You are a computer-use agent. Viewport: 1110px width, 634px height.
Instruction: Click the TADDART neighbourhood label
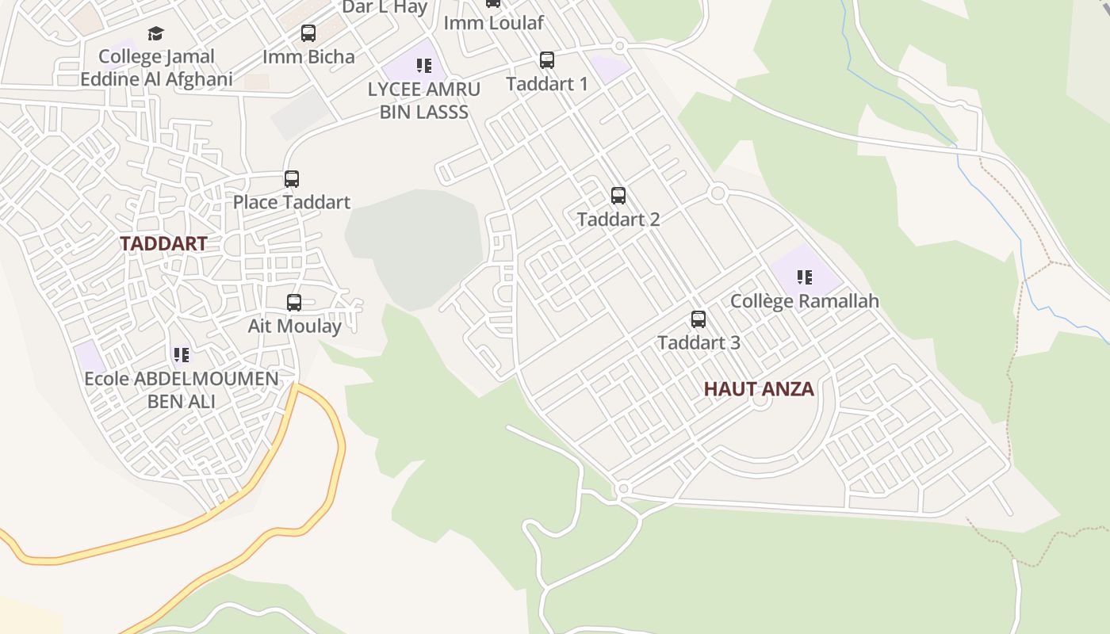point(163,243)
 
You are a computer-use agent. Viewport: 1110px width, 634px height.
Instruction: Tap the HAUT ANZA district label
point(759,389)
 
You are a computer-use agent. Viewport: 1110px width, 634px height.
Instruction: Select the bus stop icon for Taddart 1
point(546,60)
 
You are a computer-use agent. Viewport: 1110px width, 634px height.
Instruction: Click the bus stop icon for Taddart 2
point(618,196)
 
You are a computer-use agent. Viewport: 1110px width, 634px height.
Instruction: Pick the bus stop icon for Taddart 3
point(698,319)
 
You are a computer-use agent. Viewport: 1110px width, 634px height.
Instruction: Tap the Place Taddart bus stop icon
point(292,179)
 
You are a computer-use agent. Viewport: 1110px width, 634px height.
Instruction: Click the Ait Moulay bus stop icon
point(294,303)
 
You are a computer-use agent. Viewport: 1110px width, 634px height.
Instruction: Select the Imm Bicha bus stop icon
point(308,33)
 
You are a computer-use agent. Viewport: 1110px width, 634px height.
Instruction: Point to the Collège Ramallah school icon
point(805,277)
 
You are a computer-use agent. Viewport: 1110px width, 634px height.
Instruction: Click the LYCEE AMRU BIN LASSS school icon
point(424,66)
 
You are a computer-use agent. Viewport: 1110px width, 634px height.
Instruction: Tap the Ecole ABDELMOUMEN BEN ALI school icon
point(182,354)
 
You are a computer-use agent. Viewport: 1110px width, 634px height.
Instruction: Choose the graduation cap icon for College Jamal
point(156,33)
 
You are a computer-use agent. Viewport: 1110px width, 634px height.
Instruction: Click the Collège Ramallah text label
point(804,301)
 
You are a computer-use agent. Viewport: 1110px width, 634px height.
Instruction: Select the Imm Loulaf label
point(493,23)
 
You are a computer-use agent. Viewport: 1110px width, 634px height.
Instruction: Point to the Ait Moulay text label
point(294,326)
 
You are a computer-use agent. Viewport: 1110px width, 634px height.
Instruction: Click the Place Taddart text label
point(291,202)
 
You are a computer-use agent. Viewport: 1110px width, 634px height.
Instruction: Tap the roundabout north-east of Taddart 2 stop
point(718,193)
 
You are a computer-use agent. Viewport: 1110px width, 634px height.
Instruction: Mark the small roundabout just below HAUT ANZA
point(760,401)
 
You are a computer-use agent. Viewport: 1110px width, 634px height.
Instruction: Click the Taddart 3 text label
point(699,342)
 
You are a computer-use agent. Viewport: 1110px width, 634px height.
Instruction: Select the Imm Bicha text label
point(308,56)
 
